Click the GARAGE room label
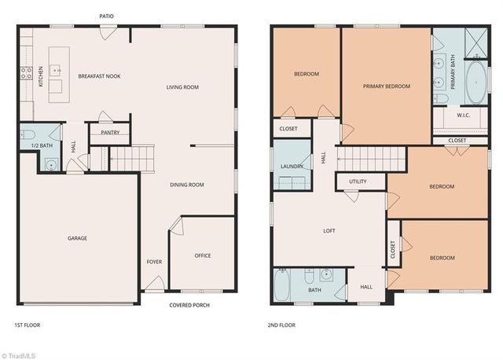77,238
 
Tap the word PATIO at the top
109,16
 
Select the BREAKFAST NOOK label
99,76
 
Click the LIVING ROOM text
182,87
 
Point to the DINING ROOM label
187,185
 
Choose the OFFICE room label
203,255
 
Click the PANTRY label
109,133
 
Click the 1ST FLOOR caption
27,325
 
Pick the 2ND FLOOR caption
282,325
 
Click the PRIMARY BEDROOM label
386,86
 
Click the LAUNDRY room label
292,167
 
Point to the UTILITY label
358,182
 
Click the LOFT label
329,231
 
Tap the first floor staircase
122,159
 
